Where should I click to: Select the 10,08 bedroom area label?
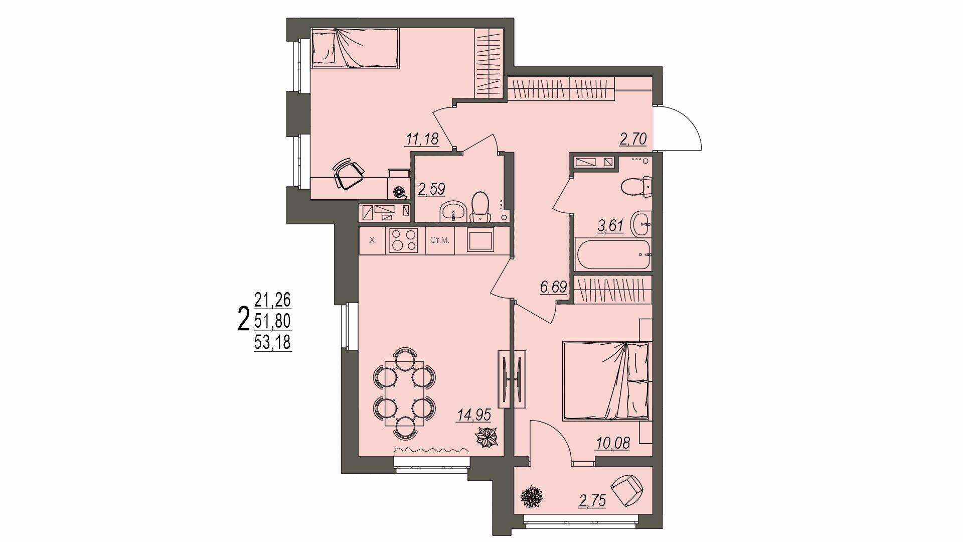(612, 443)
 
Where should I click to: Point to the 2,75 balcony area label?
(592, 501)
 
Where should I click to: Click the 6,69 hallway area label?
(553, 288)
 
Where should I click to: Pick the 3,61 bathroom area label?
(610, 226)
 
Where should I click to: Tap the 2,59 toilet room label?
(431, 189)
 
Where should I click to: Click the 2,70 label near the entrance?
(633, 139)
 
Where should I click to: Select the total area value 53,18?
(273, 343)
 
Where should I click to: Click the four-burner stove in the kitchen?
(405, 240)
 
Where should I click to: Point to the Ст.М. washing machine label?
(440, 240)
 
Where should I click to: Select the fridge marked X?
(372, 240)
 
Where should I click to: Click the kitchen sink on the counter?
(480, 240)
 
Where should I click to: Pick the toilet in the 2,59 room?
(481, 206)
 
